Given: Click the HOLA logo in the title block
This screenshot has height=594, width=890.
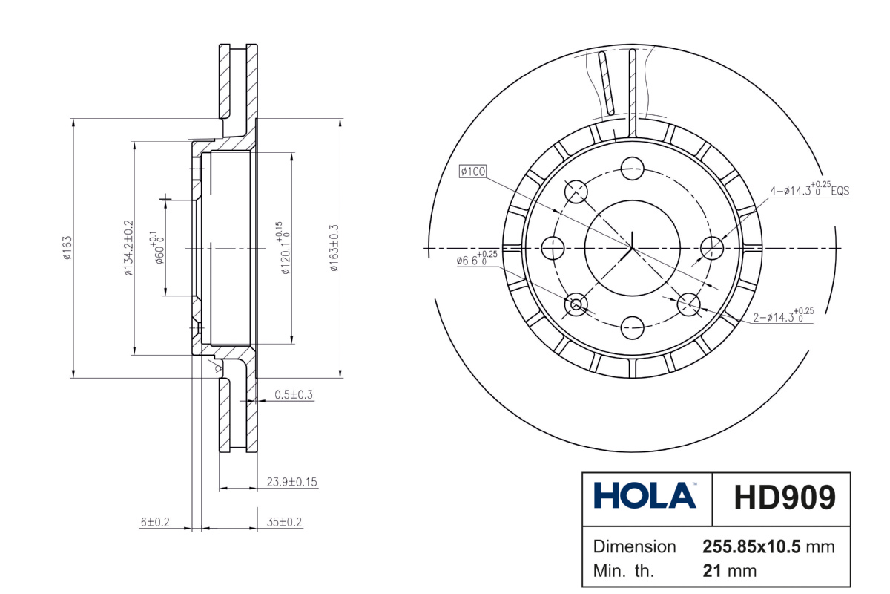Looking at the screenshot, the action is (x=645, y=495).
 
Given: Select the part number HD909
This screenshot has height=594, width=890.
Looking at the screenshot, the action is (x=785, y=497).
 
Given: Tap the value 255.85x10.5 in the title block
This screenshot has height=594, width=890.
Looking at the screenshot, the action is (x=751, y=546).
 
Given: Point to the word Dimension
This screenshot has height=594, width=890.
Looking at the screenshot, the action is (x=634, y=546).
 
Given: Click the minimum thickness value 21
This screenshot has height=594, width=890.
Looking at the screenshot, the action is (x=711, y=571).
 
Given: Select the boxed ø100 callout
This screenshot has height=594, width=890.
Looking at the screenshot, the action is (x=473, y=172).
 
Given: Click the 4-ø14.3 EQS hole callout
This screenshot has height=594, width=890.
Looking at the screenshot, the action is (x=810, y=189).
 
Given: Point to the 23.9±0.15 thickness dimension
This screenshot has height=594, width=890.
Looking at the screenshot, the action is (x=291, y=482).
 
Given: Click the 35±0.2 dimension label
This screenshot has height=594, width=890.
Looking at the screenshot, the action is (x=284, y=522).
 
